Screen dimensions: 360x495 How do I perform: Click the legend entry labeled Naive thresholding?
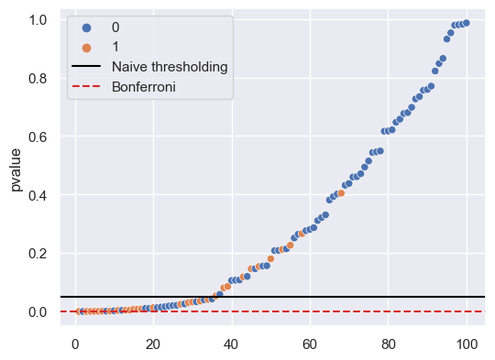coord(170,67)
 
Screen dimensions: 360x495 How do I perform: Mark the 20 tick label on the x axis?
coord(153,344)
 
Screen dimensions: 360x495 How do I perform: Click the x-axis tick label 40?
coord(231,344)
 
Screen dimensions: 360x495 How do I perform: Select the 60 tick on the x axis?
coord(310,344)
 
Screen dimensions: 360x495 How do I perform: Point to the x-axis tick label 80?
coord(388,344)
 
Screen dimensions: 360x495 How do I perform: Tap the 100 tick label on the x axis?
coord(467,344)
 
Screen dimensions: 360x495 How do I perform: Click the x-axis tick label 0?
coord(74,344)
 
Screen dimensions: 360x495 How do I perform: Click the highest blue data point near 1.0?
coord(467,23)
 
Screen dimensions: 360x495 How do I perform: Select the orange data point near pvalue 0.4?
coord(341,193)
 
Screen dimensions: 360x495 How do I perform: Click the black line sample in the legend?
coord(87,67)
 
